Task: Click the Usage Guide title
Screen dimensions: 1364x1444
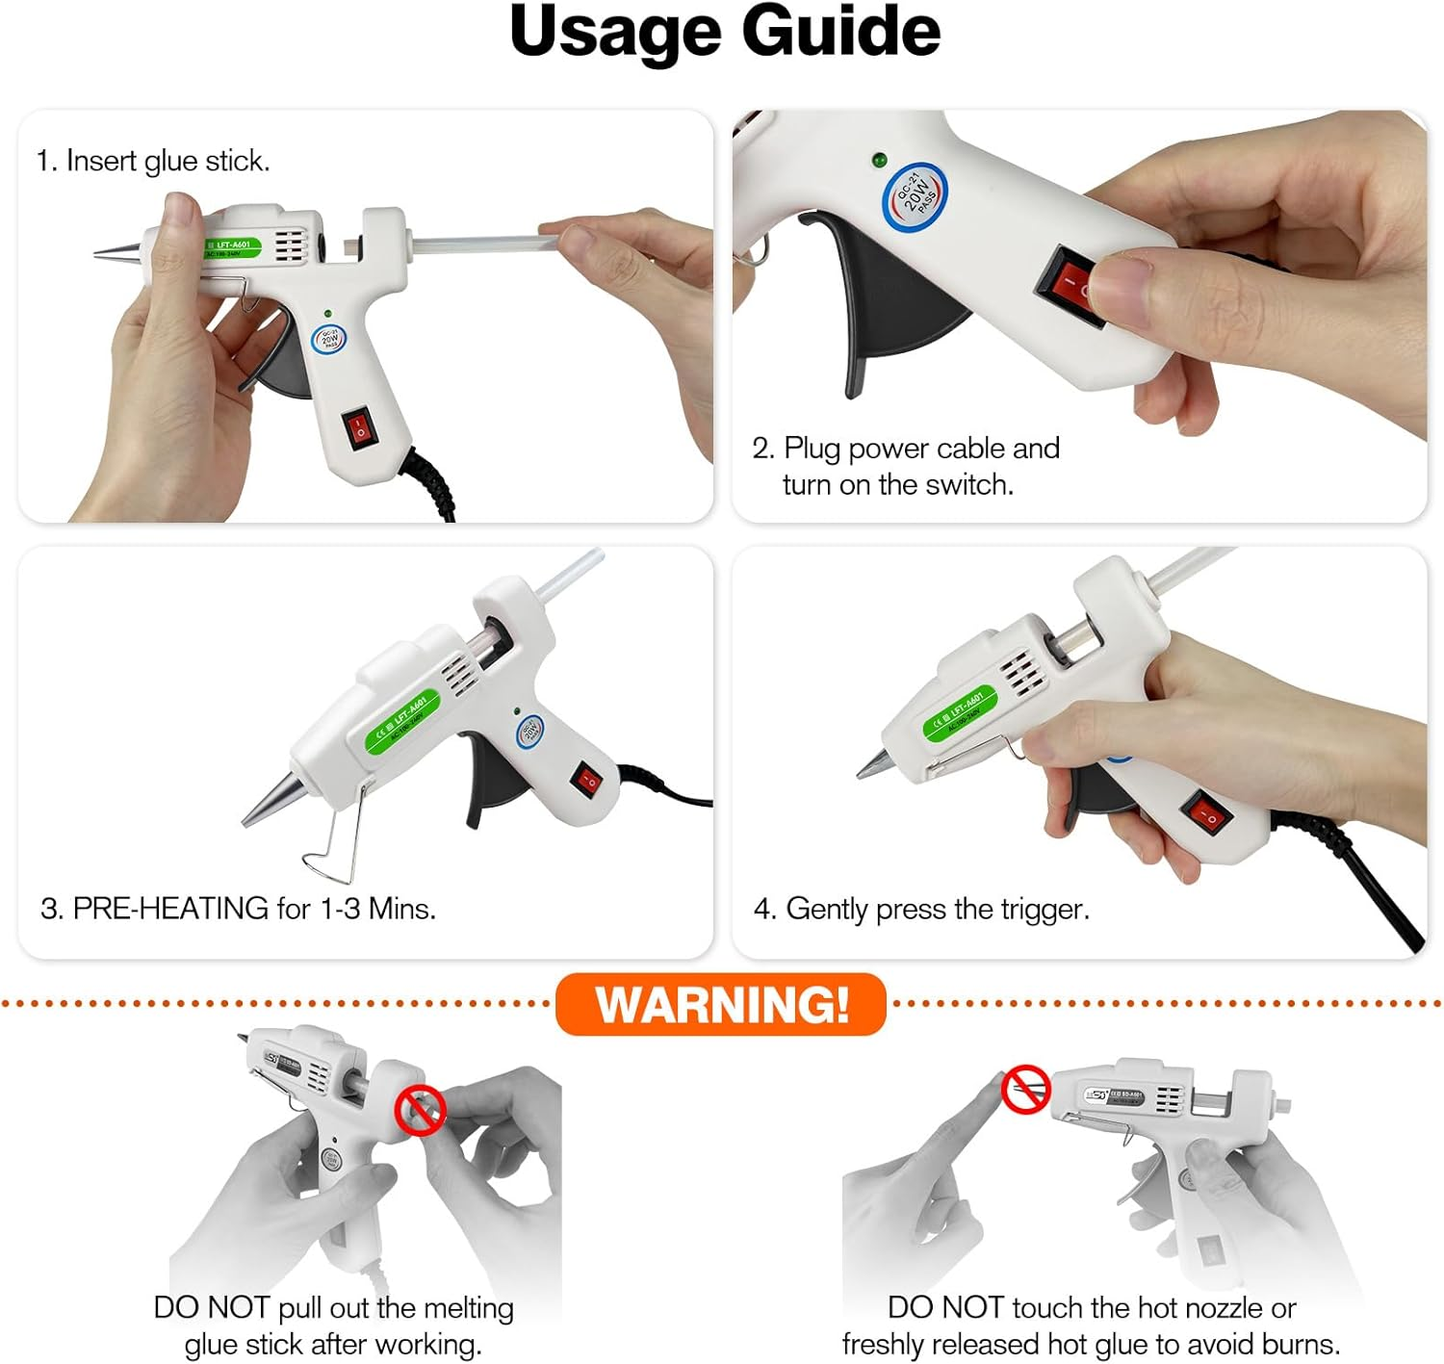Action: pyautogui.click(x=724, y=33)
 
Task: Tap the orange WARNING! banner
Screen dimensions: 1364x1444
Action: pyautogui.click(x=721, y=1004)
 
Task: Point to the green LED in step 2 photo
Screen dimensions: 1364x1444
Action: pyautogui.click(x=878, y=160)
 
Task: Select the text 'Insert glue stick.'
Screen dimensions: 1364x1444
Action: pyautogui.click(x=168, y=161)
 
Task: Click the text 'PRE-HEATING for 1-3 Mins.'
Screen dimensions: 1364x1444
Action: pyautogui.click(x=254, y=909)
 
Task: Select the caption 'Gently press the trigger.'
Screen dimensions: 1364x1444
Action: pyautogui.click(x=937, y=909)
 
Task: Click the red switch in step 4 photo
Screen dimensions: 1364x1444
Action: pyautogui.click(x=1209, y=814)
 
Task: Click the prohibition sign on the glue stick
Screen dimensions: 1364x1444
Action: pyautogui.click(x=420, y=1110)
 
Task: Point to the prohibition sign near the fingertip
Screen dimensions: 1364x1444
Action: pyautogui.click(x=1026, y=1090)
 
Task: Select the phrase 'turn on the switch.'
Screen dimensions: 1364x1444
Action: pyautogui.click(x=897, y=484)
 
